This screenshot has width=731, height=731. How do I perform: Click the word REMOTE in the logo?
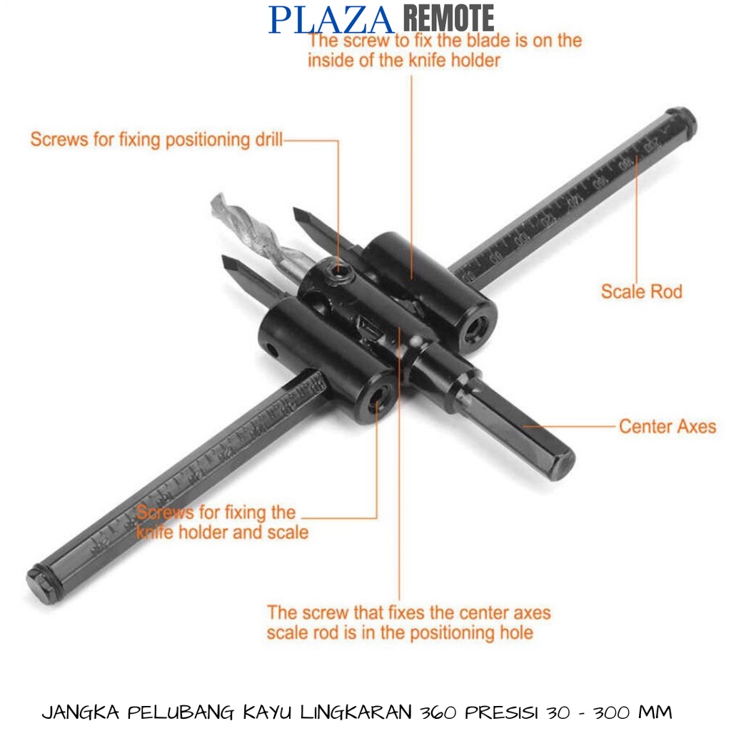point(448,19)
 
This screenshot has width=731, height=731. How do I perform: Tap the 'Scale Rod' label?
point(640,291)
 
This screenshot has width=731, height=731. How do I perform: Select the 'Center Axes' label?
point(667,427)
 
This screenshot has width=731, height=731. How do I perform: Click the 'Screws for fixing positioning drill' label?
point(156,139)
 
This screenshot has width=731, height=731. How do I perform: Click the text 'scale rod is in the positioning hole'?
point(400,633)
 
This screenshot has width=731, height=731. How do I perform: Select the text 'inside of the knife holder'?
point(403,60)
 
